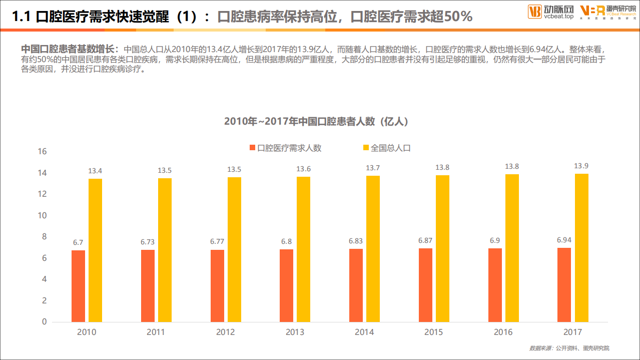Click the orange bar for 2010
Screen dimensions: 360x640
tap(78, 286)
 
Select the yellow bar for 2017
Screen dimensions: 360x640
tap(581, 248)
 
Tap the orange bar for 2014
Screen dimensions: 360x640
tap(356, 285)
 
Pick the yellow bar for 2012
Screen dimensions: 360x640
tap(234, 249)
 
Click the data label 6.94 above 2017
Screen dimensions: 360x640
tap(564, 240)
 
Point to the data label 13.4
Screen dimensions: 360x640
tap(95, 171)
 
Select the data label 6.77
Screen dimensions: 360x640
tap(217, 241)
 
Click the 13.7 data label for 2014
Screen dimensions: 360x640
tap(373, 168)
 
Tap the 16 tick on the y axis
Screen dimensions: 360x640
tap(42, 151)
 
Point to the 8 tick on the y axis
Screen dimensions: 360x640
tap(44, 237)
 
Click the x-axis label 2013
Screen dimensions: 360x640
tap(295, 332)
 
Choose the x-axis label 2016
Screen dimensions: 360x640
tap(503, 332)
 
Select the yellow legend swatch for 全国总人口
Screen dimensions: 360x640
tap(366, 148)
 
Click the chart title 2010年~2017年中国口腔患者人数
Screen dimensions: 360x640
tap(316, 122)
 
